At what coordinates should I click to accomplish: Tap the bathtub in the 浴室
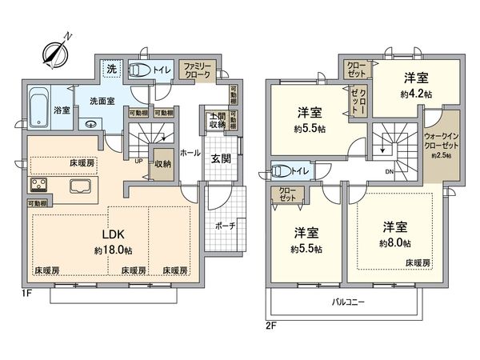38,103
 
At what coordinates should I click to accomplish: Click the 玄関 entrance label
220,158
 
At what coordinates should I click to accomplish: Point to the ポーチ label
225,226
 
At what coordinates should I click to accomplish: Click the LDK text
110,234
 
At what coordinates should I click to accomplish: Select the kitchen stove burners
38,186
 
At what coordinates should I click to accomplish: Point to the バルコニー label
350,303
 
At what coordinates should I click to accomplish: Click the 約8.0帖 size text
394,242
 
